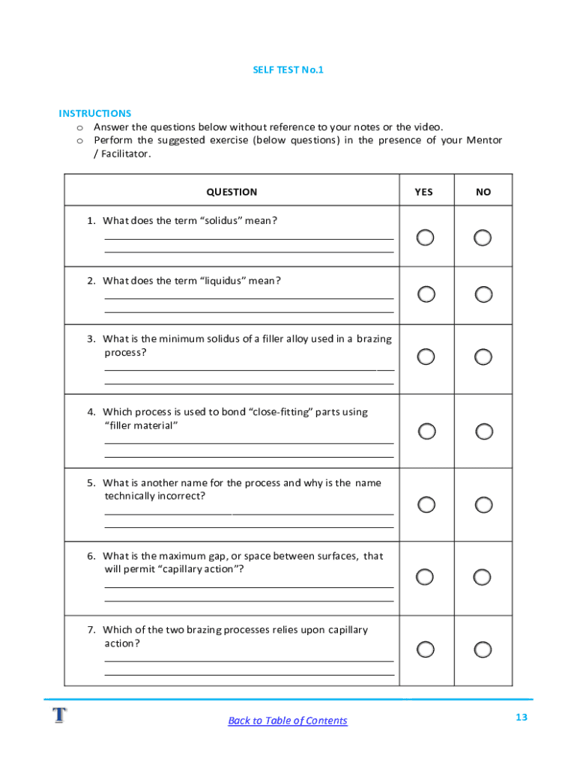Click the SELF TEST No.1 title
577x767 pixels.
pyautogui.click(x=288, y=70)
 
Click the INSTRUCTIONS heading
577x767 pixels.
pyautogui.click(x=95, y=113)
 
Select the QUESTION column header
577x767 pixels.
pyautogui.click(x=232, y=192)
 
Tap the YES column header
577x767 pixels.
pyautogui.click(x=423, y=192)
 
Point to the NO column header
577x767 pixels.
pyautogui.click(x=483, y=192)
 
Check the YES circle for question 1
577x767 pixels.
pyautogui.click(x=425, y=237)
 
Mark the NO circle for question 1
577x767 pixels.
pyautogui.click(x=483, y=237)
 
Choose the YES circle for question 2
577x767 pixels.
pyautogui.click(x=426, y=294)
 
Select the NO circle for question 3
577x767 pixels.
pyautogui.click(x=484, y=357)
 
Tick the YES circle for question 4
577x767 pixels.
pyautogui.click(x=426, y=431)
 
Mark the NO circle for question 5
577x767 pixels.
pyautogui.click(x=484, y=504)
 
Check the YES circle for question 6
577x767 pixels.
pyautogui.click(x=425, y=577)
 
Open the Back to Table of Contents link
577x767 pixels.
pyautogui.click(x=288, y=721)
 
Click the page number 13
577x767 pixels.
pyautogui.click(x=522, y=718)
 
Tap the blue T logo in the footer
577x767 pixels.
pyautogui.click(x=59, y=715)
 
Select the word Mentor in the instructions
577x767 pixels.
pyautogui.click(x=484, y=140)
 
